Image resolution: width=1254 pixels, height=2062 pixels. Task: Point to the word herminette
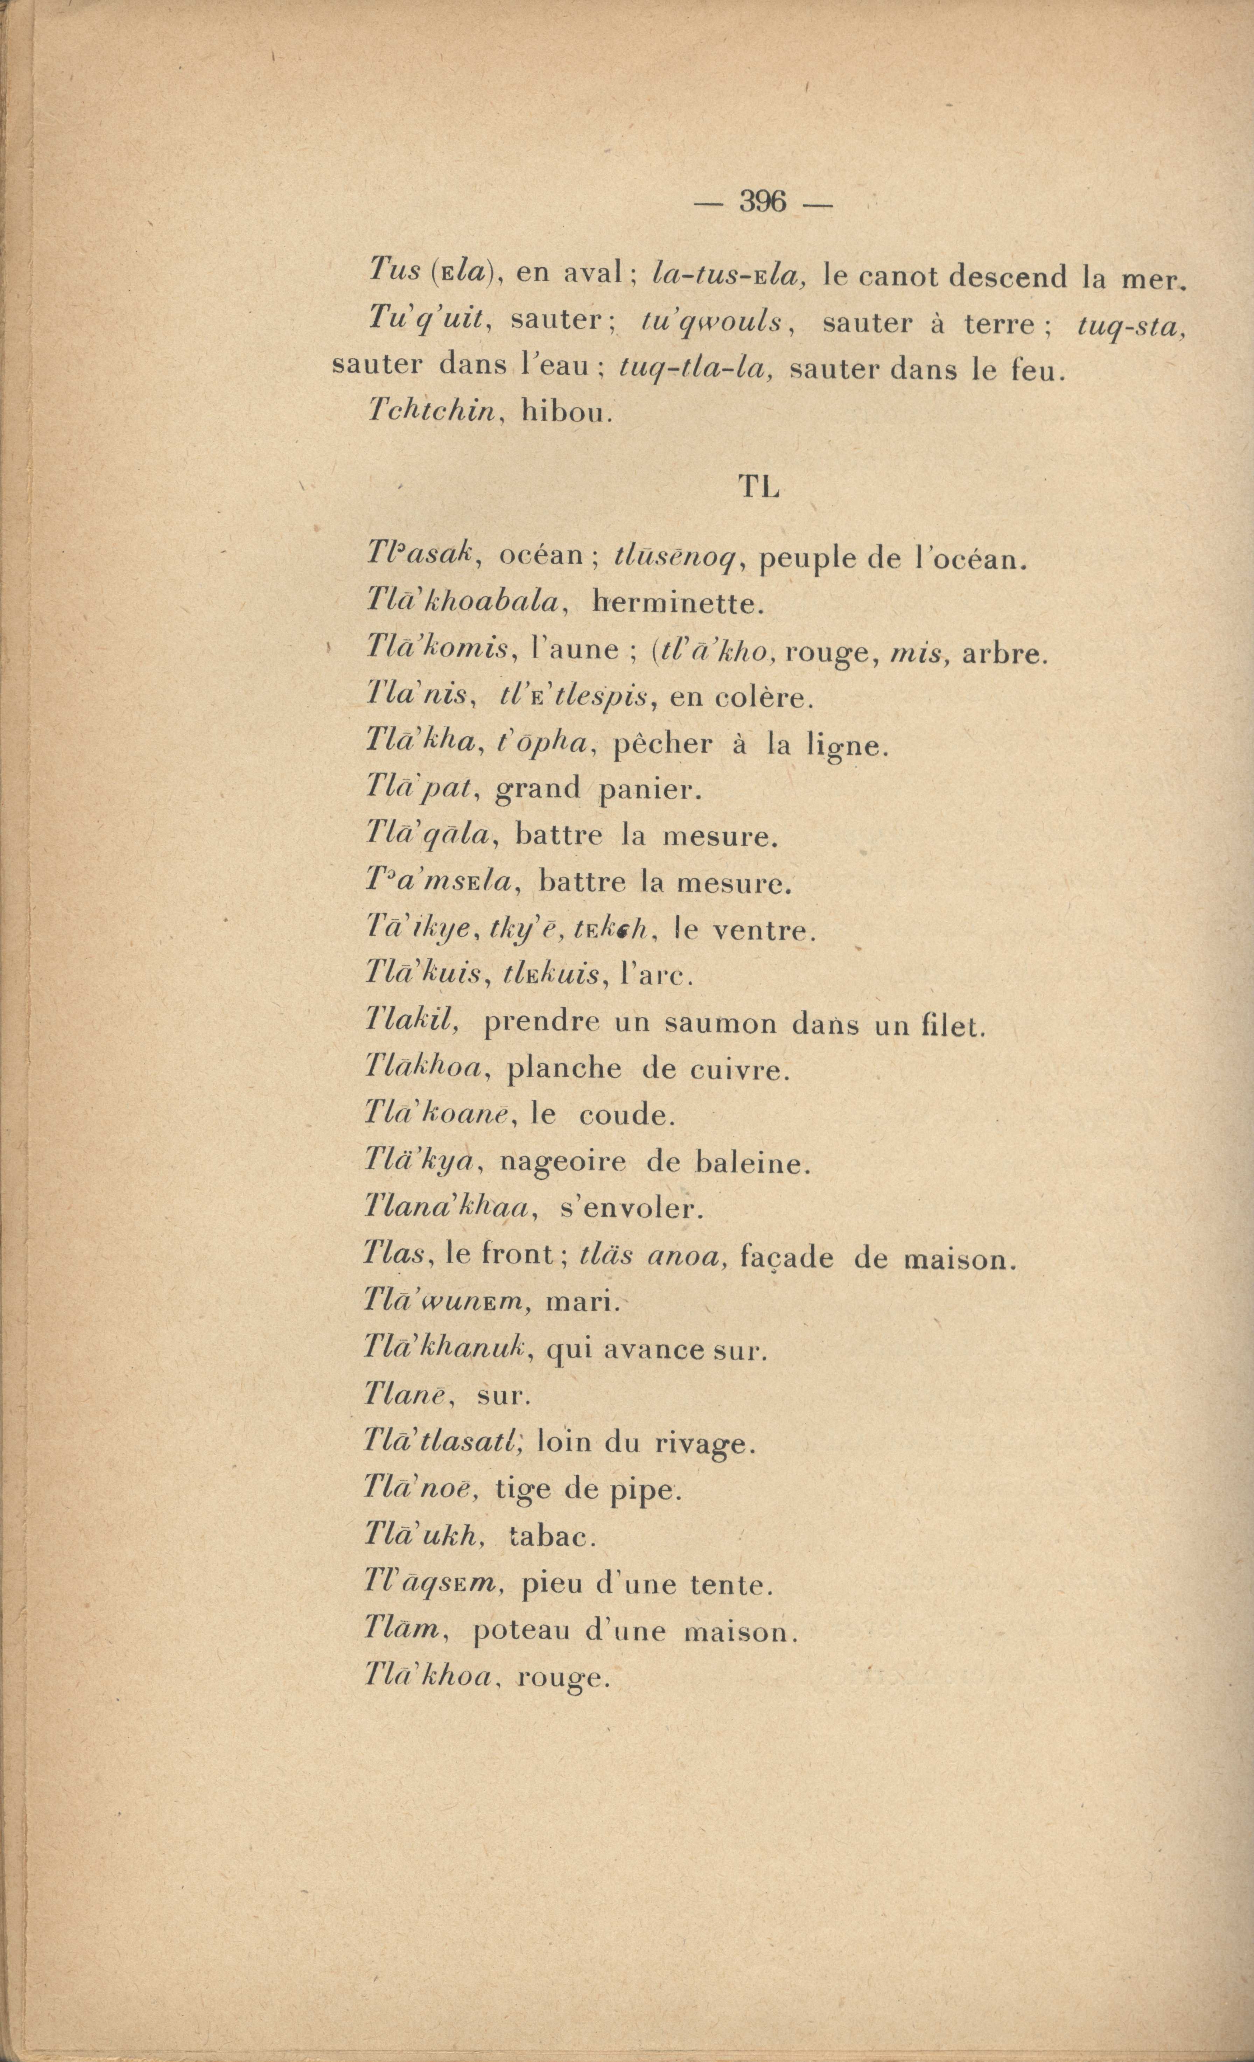678,602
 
